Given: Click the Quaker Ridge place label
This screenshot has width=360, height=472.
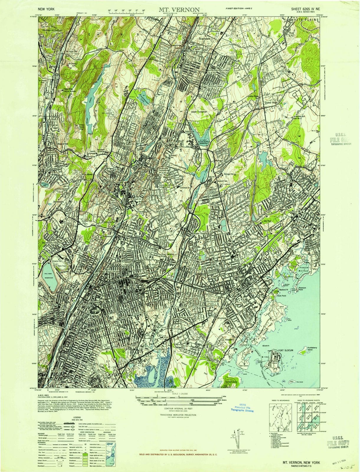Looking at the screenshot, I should tap(271, 103).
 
